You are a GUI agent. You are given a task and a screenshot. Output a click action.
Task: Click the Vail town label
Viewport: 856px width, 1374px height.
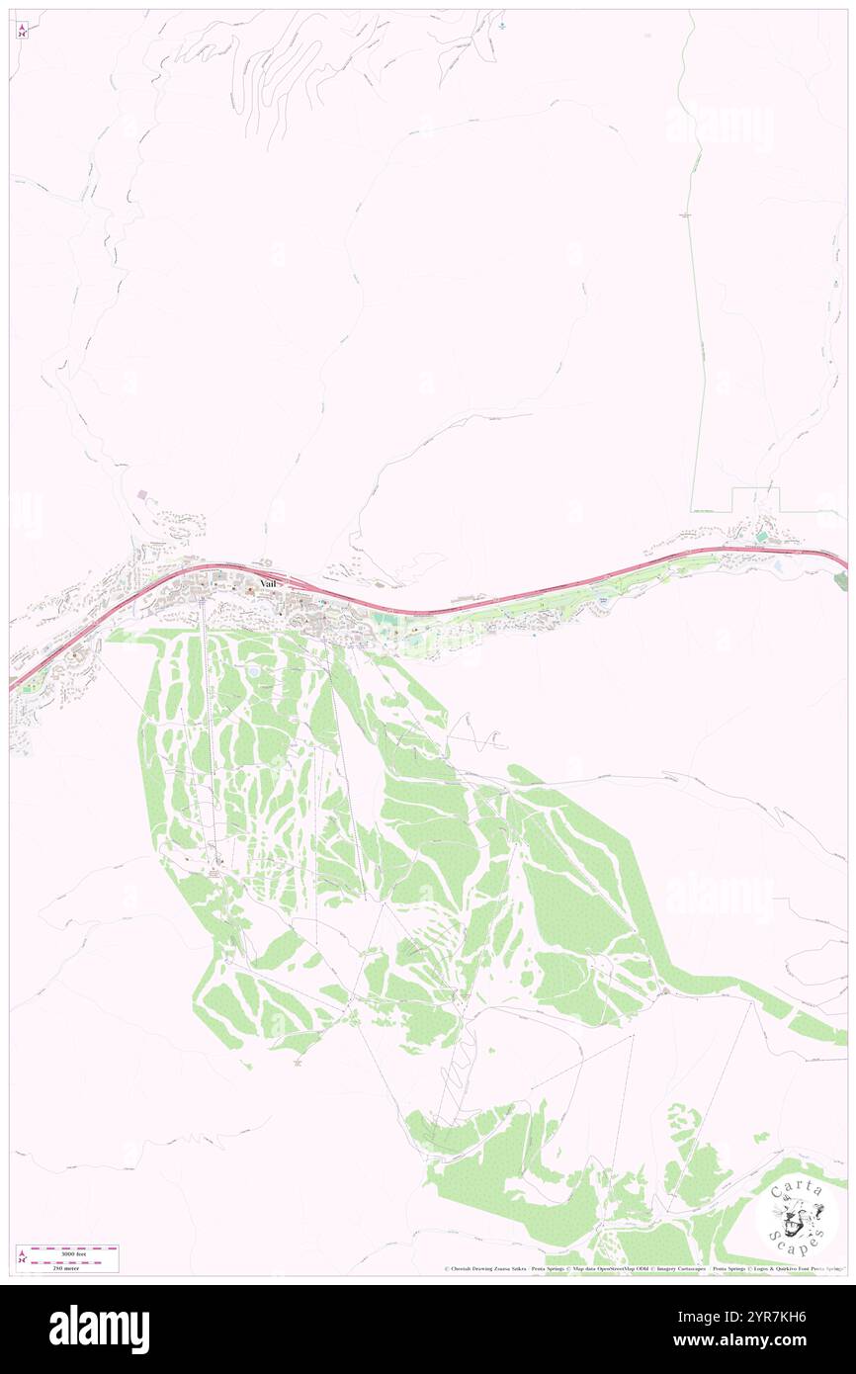click(266, 584)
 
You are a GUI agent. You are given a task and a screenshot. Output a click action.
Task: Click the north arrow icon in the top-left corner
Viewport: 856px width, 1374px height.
click(22, 30)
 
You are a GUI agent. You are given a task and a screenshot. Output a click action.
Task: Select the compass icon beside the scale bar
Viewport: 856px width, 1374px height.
click(22, 1257)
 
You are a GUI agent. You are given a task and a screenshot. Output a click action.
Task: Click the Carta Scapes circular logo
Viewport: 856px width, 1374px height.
click(798, 1214)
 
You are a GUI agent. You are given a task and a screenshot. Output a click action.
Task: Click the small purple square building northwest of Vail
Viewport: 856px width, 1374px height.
click(141, 494)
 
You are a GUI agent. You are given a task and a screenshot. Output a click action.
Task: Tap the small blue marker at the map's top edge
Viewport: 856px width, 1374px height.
click(501, 25)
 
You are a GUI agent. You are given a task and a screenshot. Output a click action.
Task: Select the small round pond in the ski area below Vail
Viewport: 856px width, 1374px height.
click(254, 671)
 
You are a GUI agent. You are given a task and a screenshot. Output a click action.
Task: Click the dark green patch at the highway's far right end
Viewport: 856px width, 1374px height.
click(841, 581)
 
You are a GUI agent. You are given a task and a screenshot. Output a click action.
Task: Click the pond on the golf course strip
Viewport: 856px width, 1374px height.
click(603, 600)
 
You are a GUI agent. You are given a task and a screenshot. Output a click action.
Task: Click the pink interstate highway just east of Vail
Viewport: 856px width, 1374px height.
click(395, 610)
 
